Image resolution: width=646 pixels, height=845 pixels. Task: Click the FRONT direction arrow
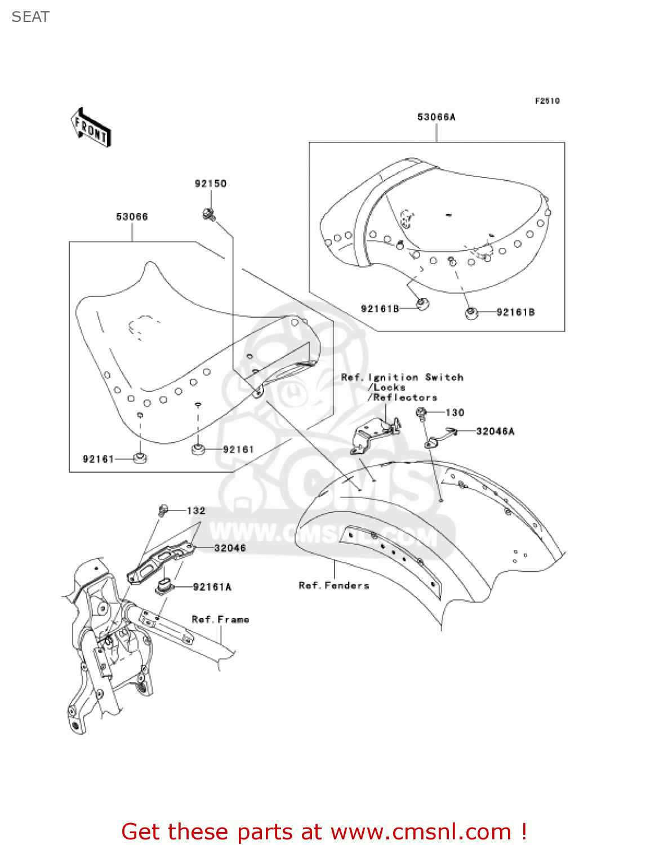point(91,128)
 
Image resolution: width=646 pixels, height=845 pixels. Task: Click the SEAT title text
point(30,17)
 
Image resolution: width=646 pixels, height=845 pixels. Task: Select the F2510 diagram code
point(547,101)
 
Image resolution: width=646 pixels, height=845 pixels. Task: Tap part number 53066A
point(436,117)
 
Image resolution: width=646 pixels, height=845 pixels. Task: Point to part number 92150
point(211,184)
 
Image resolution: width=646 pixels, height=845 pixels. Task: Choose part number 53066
point(132,217)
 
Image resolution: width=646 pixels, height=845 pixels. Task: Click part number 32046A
point(495,432)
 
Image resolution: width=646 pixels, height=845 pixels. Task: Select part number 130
point(455,412)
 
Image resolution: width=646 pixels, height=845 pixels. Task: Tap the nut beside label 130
point(421,413)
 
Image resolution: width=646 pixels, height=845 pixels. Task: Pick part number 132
point(196,511)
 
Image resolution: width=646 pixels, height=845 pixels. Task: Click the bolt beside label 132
point(163,510)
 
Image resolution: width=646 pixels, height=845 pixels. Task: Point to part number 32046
point(230,548)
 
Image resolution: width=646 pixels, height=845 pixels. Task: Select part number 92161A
point(212,587)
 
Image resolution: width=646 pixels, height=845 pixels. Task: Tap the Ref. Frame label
point(220,620)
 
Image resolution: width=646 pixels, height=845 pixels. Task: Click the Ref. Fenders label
point(334,586)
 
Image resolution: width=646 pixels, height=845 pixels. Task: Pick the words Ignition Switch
point(416,377)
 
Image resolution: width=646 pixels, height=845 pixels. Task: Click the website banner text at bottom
point(324,831)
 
